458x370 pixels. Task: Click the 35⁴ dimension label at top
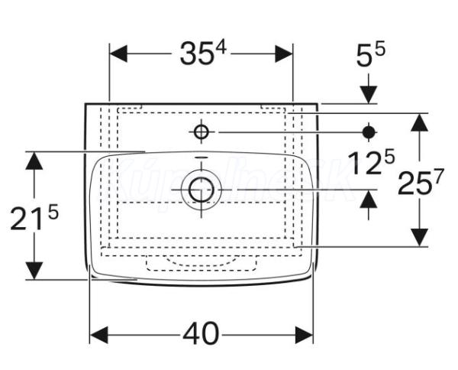(202, 54)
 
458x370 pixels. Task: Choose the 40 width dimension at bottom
(201, 334)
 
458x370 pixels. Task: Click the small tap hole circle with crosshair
(201, 132)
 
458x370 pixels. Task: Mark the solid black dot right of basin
(369, 132)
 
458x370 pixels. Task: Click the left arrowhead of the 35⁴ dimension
(119, 54)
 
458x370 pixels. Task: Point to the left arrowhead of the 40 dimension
(98, 334)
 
